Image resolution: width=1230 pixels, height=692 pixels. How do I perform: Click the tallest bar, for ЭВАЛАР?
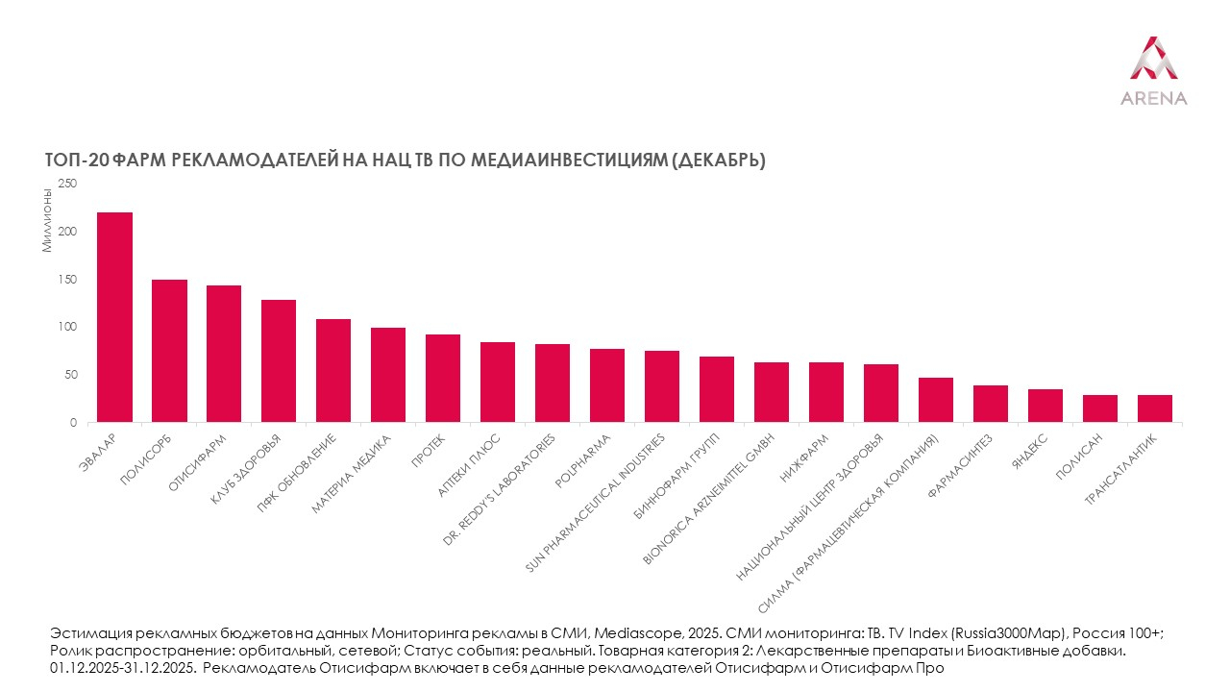tap(115, 317)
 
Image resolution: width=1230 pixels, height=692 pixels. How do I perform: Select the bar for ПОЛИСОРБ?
tap(170, 351)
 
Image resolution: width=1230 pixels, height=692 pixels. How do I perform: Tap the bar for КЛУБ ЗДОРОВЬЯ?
tap(279, 360)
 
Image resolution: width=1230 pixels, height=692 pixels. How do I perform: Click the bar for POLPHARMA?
tap(607, 385)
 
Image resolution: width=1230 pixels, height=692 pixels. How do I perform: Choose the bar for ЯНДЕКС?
tap(1045, 406)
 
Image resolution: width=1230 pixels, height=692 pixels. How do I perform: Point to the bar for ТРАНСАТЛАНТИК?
tap(1155, 408)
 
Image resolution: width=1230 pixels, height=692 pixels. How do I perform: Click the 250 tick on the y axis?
tap(67, 184)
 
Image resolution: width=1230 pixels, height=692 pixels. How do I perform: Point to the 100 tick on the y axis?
tap(67, 327)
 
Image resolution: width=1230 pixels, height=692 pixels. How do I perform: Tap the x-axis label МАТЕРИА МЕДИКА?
tap(353, 473)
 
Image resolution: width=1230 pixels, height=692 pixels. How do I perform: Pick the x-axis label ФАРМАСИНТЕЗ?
tap(962, 463)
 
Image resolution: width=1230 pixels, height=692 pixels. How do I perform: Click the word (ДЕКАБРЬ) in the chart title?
tap(715, 161)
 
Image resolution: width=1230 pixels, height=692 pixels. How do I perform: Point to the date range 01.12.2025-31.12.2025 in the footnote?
tap(124, 667)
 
